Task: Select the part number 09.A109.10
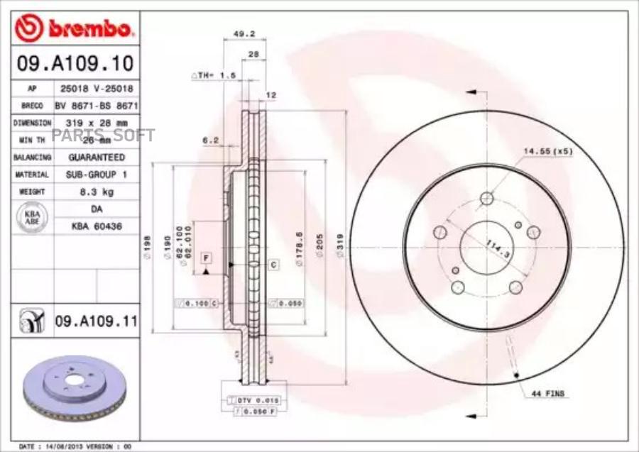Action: click(75, 65)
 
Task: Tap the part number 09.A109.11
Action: click(96, 321)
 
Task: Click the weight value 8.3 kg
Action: click(97, 192)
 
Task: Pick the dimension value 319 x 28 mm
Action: click(97, 123)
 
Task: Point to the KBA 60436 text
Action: click(97, 226)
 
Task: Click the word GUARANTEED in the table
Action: click(97, 157)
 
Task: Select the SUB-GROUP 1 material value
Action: click(97, 174)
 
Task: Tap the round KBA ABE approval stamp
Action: click(33, 218)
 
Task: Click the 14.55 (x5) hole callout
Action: click(547, 151)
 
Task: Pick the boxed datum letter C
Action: click(273, 264)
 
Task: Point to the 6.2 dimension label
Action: click(210, 140)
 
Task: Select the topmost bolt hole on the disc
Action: click(487, 199)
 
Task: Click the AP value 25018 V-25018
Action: click(97, 89)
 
